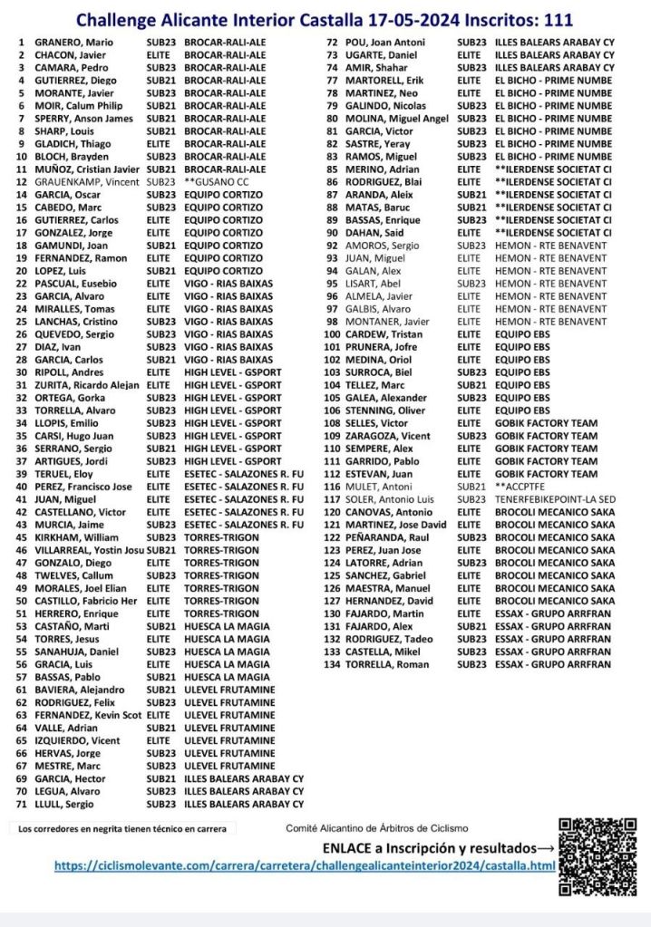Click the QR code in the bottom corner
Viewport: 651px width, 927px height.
[598, 855]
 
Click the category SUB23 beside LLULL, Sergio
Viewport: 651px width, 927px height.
[160, 804]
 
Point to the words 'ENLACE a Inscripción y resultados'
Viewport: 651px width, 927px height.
[437, 848]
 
